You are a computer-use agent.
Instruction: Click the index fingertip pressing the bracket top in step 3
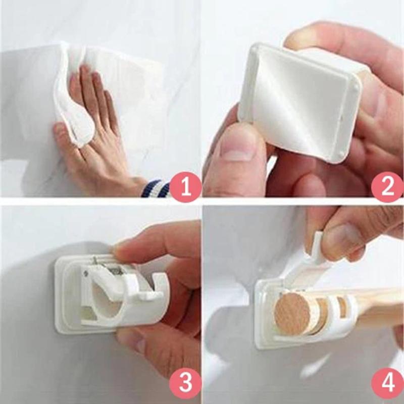pyautogui.click(x=121, y=248)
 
